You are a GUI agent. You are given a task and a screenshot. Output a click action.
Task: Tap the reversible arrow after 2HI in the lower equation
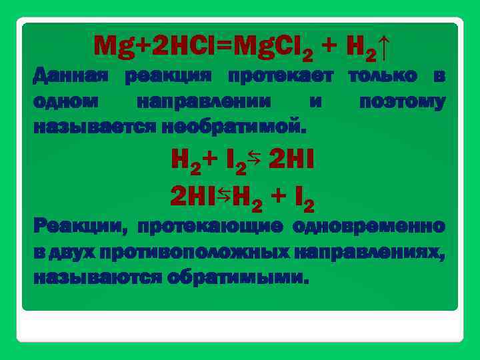pyautogui.click(x=223, y=194)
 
